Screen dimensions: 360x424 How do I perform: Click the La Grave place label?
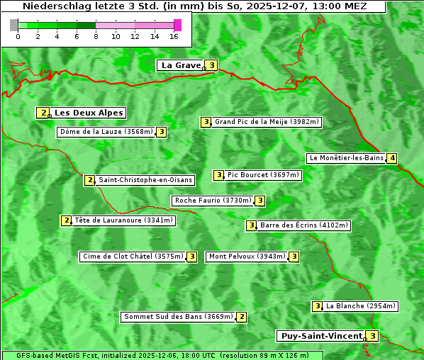click(x=181, y=65)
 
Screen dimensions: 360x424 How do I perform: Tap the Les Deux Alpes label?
click(x=89, y=113)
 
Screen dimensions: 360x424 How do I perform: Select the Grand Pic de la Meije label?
click(x=267, y=122)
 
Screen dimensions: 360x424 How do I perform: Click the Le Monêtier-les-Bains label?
click(x=346, y=158)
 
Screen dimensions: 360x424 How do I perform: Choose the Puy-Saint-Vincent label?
click(x=320, y=336)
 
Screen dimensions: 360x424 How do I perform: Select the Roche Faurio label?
click(x=213, y=201)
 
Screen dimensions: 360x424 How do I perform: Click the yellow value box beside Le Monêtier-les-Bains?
click(x=391, y=158)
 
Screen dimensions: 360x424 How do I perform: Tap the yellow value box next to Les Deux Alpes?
click(x=43, y=113)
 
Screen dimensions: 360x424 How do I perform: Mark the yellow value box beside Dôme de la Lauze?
click(x=162, y=132)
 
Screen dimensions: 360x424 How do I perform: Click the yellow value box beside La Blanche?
click(x=317, y=306)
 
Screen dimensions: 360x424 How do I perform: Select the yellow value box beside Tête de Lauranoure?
click(x=67, y=220)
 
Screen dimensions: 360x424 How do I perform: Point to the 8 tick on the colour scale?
click(x=96, y=36)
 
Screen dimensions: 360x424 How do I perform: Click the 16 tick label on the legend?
click(x=174, y=36)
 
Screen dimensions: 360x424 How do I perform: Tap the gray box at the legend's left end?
click(x=14, y=25)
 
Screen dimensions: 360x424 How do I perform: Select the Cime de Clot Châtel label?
click(x=132, y=257)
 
